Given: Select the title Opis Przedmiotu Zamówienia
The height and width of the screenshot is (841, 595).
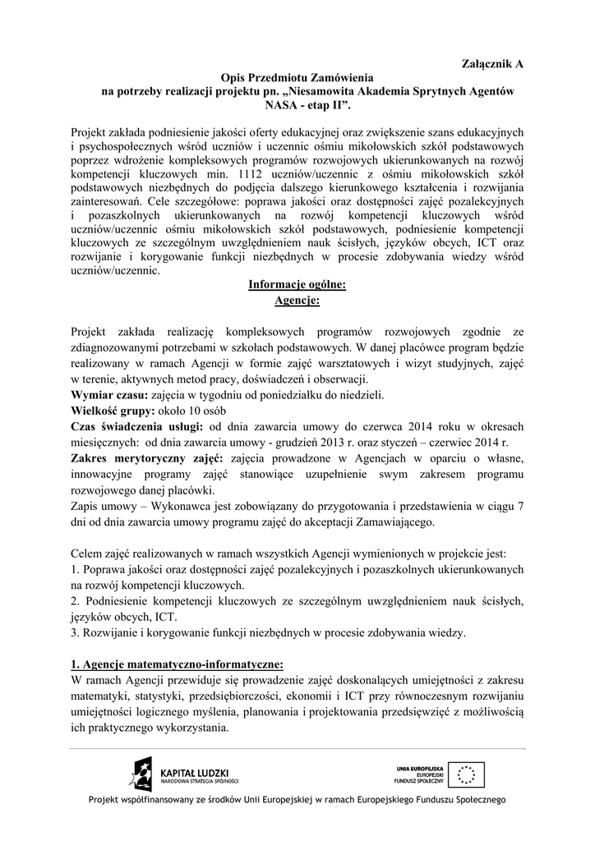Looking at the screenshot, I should pos(297,76).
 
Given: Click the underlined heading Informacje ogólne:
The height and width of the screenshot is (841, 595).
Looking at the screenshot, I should pos(297,285).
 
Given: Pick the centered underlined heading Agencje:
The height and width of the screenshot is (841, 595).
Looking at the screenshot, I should pos(297,300).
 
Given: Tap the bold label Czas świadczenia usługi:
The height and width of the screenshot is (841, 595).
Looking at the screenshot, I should pos(136,425).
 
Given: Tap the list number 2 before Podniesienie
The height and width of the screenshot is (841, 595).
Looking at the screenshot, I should pos(74,601).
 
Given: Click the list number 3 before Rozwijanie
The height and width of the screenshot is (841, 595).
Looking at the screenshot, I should pos(74,632).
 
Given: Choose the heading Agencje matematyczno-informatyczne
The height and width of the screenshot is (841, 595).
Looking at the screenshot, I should pos(182,664).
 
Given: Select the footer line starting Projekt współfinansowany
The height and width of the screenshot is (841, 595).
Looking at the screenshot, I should pos(297,799).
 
